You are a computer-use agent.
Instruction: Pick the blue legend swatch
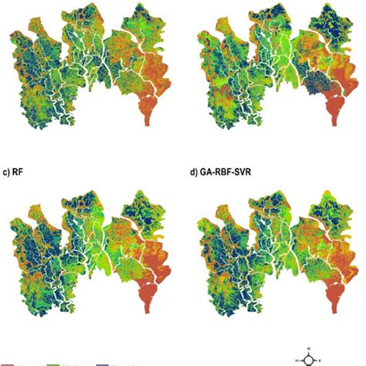(102, 364)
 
